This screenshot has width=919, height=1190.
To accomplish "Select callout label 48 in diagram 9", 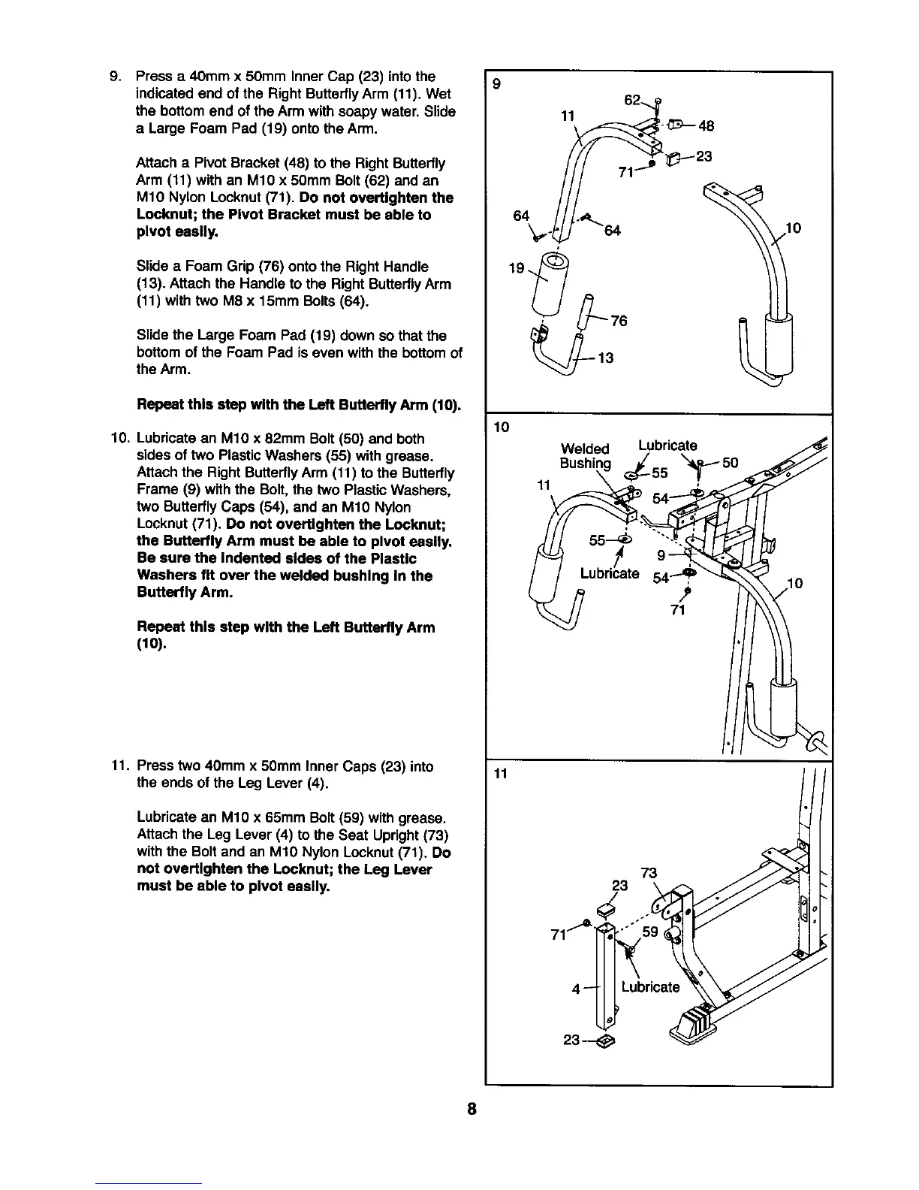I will click(706, 125).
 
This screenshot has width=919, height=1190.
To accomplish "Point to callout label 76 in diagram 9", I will click(619, 322).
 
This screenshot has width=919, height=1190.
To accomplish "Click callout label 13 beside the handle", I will click(604, 358).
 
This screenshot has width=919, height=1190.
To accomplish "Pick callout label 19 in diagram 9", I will click(517, 267).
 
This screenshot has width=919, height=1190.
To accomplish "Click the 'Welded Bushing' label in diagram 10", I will click(586, 456).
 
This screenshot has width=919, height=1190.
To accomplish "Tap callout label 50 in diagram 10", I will click(731, 463).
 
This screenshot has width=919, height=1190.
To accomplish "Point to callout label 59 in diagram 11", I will click(650, 932).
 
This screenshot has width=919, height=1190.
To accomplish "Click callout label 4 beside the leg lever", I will click(575, 989).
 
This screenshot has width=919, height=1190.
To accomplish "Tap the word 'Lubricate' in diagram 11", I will click(650, 987).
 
